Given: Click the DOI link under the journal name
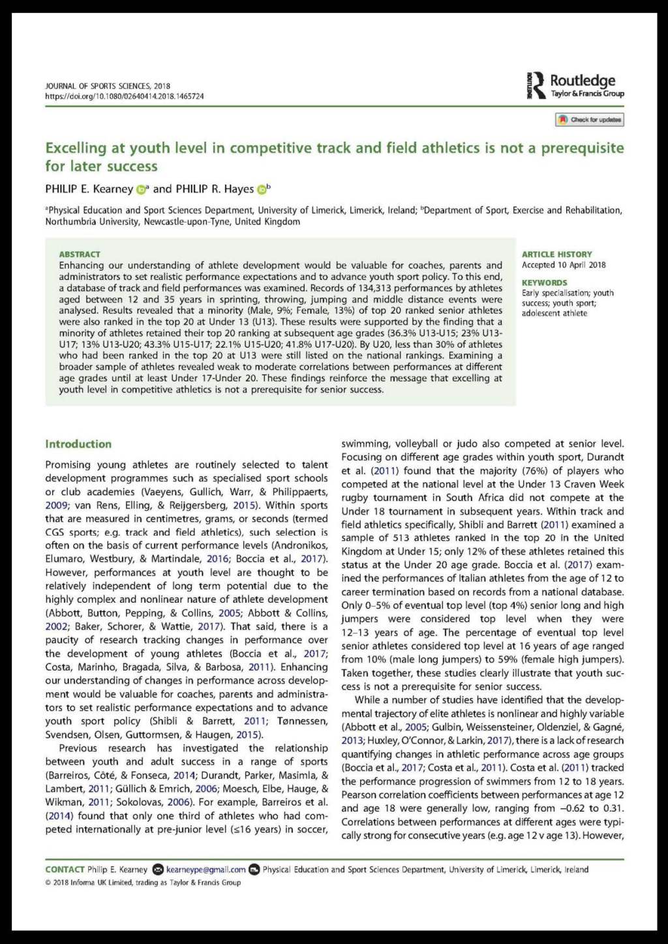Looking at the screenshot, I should (x=124, y=97).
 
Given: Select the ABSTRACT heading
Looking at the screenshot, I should (x=80, y=254).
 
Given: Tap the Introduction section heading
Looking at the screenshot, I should (x=78, y=444).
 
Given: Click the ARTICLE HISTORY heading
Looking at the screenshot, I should (x=556, y=254).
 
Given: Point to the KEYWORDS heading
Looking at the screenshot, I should (x=544, y=282).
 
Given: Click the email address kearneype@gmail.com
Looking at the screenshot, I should (x=205, y=870).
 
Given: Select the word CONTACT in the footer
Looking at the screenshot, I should (x=65, y=870).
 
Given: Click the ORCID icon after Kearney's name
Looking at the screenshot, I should (x=141, y=190).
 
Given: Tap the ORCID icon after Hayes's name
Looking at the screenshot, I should (x=262, y=190).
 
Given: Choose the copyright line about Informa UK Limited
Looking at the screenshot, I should (x=143, y=883).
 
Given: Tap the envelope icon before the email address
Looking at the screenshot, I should (x=158, y=870).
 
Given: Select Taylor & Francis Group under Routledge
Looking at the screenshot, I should (x=587, y=94).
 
